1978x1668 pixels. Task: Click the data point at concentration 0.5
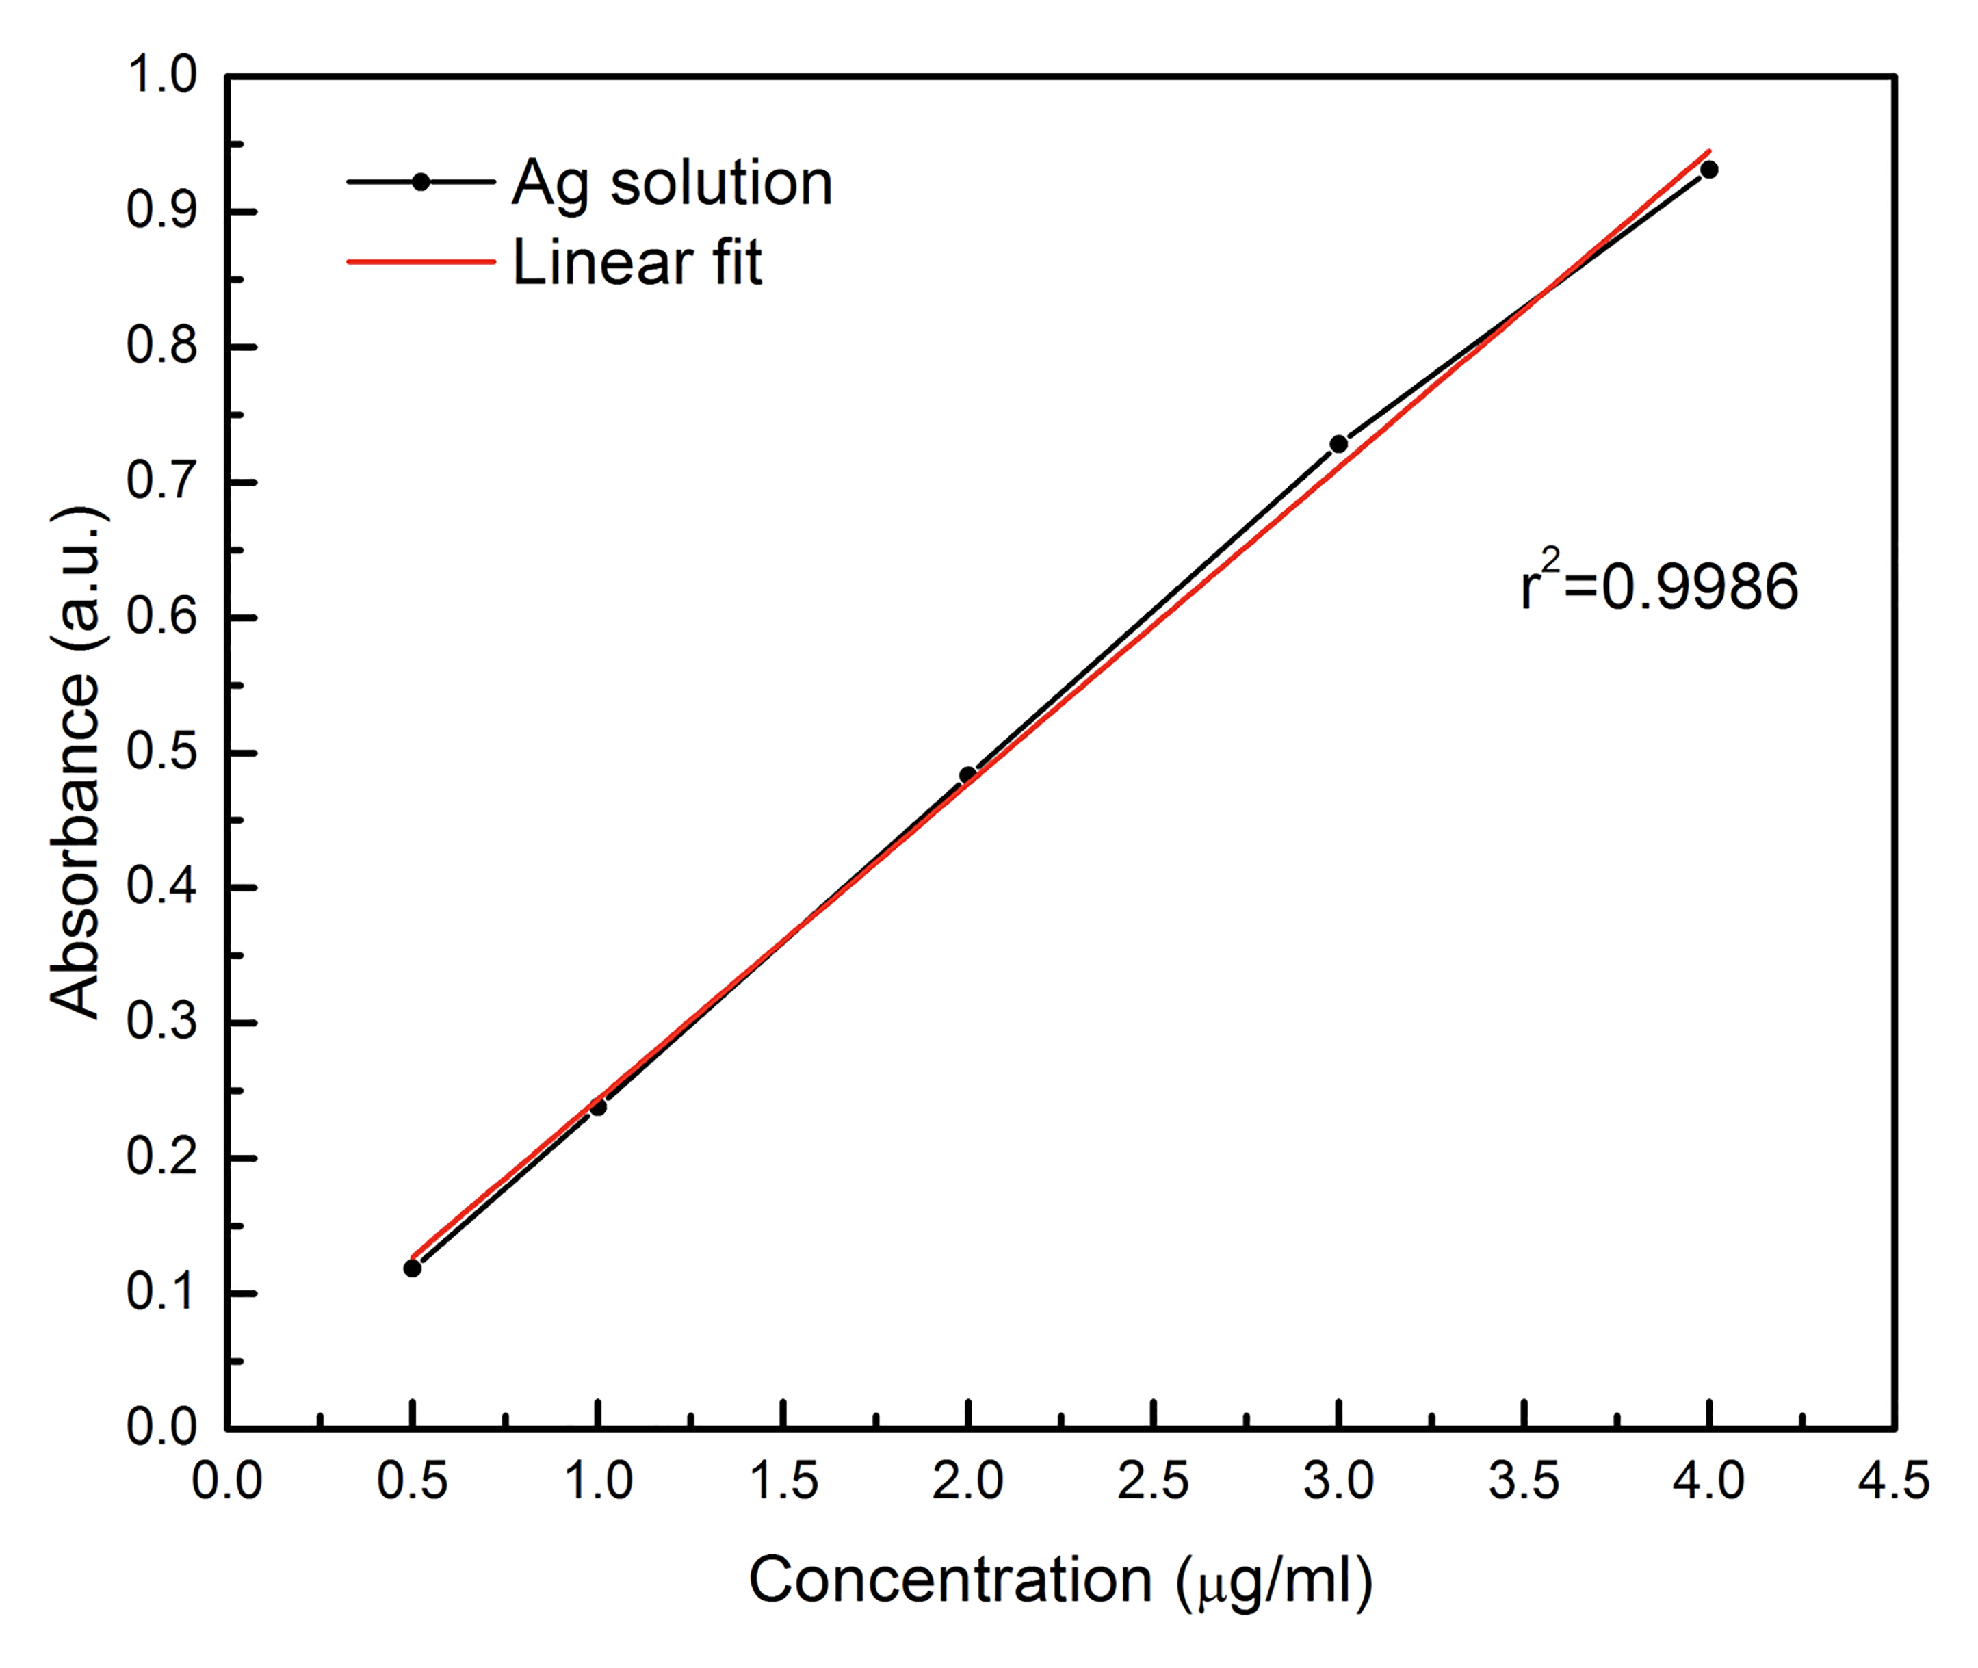[413, 1268]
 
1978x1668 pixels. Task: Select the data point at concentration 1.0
[597, 1106]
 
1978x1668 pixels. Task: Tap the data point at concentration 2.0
[967, 775]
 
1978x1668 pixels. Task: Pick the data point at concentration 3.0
[1338, 443]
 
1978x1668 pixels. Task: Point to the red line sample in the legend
[421, 262]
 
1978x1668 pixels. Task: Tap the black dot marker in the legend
[421, 181]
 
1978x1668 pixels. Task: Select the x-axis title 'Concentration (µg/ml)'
[1060, 1579]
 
